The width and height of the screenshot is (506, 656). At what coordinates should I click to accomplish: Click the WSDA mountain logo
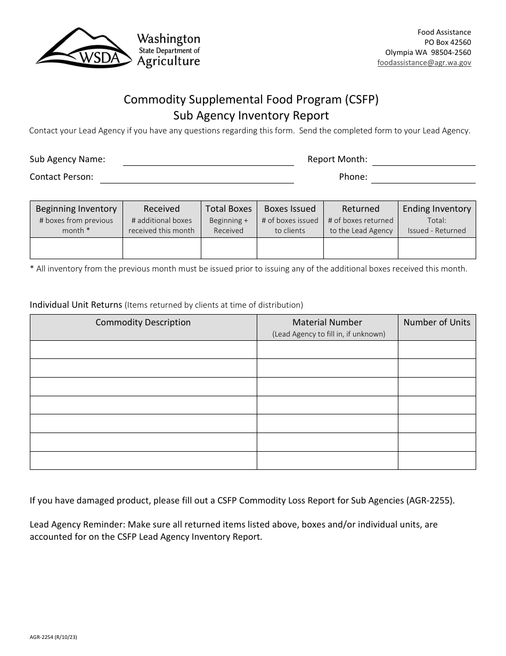tap(84, 48)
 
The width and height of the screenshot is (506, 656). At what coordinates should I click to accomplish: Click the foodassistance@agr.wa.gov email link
tap(424, 62)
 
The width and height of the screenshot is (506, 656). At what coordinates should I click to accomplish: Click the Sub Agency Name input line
tap(208, 159)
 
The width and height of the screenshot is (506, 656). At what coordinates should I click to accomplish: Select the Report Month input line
tap(423, 159)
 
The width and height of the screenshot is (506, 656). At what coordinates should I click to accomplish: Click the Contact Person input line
tap(197, 177)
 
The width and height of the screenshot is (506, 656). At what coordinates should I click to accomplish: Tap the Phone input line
tap(423, 177)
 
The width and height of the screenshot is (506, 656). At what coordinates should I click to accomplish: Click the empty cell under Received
tap(161, 248)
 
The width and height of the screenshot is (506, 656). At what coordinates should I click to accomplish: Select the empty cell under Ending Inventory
tap(437, 248)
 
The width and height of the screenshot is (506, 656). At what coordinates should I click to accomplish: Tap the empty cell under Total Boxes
tap(228, 248)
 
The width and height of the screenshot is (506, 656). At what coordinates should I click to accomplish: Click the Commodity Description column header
tap(143, 323)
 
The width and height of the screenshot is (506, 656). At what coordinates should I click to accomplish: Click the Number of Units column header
tap(437, 322)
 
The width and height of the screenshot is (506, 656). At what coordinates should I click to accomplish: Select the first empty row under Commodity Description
tap(143, 349)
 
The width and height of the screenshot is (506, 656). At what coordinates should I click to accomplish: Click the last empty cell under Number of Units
tap(437, 460)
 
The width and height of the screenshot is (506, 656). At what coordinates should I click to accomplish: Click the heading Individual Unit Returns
tap(76, 305)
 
